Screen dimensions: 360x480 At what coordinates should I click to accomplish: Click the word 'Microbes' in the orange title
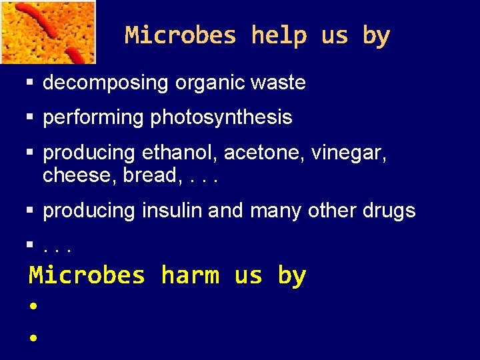[x=180, y=35]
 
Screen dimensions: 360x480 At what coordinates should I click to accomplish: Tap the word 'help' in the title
[x=279, y=35]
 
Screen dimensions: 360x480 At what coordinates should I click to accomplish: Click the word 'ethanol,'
[x=180, y=153]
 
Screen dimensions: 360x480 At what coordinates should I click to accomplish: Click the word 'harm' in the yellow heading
[x=190, y=275]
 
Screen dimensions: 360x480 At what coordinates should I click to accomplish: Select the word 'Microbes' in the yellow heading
[x=87, y=275]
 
